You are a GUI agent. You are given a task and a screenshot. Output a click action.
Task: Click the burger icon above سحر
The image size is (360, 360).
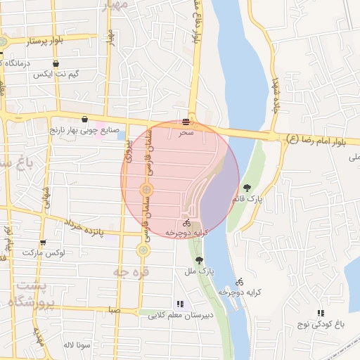(x=186, y=121)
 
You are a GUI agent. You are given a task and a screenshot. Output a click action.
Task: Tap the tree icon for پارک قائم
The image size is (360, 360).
(x=247, y=188)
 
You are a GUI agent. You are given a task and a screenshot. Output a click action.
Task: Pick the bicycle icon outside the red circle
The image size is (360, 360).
(x=240, y=281)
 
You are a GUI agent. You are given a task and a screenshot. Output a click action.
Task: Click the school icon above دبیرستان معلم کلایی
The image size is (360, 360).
(x=180, y=304)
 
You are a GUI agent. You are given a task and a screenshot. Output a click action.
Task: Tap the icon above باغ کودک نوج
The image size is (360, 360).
(x=321, y=313)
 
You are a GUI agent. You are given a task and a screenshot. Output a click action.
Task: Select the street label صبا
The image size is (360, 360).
(x=115, y=310)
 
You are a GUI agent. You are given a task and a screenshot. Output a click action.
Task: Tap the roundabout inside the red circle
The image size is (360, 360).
(x=146, y=189)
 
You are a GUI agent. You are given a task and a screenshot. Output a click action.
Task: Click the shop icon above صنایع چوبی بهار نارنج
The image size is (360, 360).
(x=84, y=119)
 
